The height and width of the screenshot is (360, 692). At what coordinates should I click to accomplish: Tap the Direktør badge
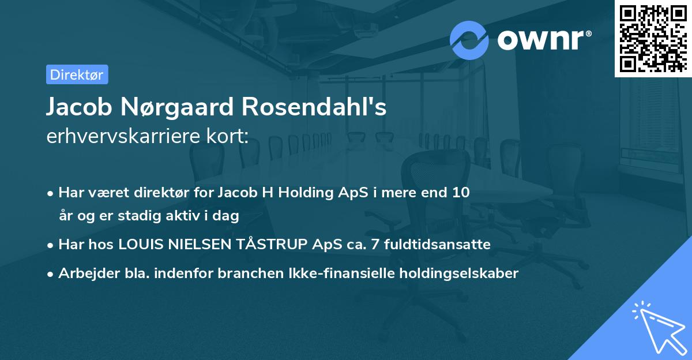[x=77, y=74]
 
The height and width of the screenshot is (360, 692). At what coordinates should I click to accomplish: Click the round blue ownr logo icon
[x=469, y=40]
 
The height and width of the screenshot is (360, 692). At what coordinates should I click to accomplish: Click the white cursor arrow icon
[x=659, y=328]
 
